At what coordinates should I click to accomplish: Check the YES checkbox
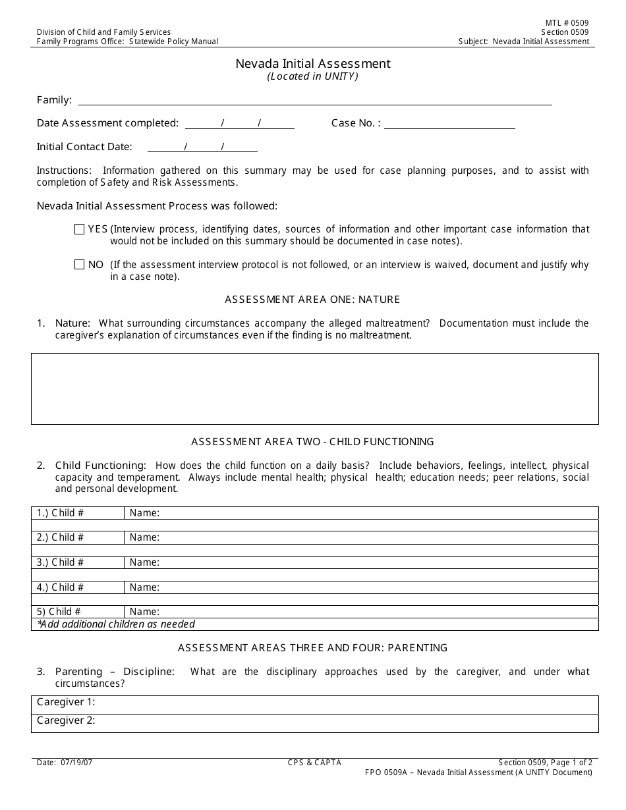point(79,229)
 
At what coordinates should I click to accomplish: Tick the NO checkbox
point(79,265)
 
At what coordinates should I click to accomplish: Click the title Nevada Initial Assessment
point(313,64)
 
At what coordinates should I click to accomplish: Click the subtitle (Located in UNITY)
point(313,76)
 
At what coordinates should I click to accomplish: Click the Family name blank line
point(315,100)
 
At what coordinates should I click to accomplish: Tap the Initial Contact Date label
point(84,147)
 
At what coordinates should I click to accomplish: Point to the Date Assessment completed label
point(107,123)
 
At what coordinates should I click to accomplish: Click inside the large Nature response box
point(314,389)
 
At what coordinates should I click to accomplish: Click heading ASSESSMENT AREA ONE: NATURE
point(312,300)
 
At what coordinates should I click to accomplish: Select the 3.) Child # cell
point(78,562)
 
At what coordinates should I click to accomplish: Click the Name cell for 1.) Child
point(361,513)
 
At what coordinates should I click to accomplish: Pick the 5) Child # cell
point(78,612)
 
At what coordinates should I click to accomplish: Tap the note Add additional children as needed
point(116,624)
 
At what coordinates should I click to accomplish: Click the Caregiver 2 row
point(314,721)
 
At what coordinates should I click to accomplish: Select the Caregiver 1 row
point(314,703)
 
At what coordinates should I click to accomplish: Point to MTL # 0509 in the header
point(563,23)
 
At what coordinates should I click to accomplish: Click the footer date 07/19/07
point(65,763)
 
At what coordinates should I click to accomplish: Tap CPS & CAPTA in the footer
point(314,763)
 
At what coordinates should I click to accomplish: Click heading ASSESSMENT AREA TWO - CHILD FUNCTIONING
point(312,442)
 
